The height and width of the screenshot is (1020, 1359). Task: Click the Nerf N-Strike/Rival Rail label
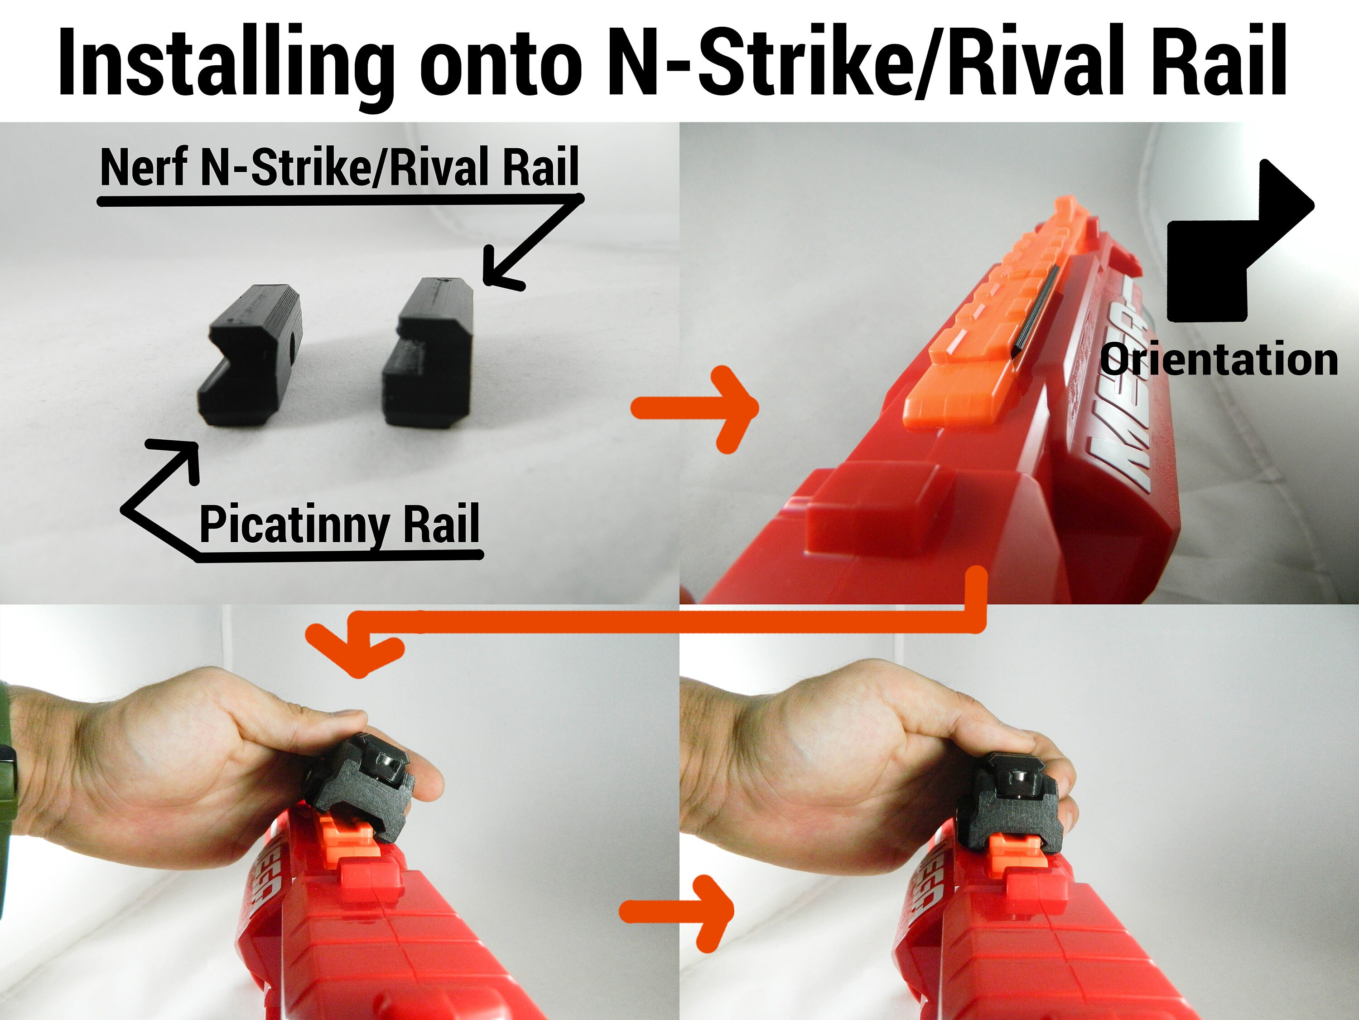(x=339, y=167)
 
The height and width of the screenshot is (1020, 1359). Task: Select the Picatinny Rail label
(x=339, y=524)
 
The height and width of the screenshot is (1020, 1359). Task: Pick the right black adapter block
(x=430, y=354)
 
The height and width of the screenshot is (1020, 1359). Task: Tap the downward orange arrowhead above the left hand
(x=357, y=652)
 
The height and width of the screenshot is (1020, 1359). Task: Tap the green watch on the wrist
(x=7, y=768)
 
